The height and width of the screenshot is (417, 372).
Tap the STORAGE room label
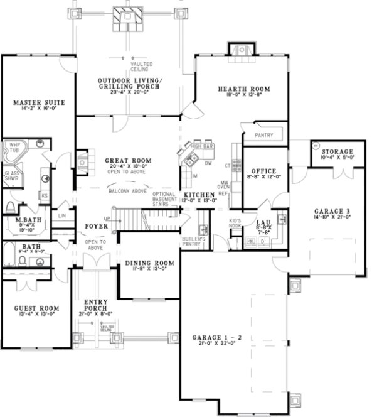click(337, 152)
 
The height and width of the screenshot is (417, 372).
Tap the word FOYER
click(96, 225)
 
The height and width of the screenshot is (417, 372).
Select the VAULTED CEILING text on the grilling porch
click(141, 67)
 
